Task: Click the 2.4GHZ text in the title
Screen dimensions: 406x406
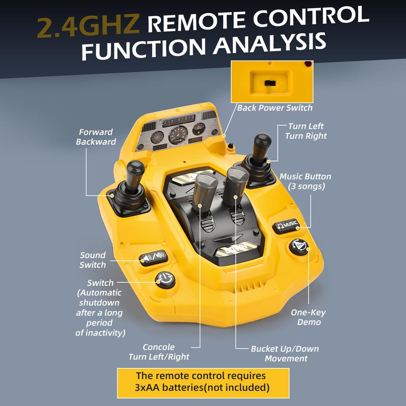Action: (88, 27)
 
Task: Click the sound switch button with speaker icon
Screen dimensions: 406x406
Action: (153, 258)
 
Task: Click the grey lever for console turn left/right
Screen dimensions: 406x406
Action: (205, 188)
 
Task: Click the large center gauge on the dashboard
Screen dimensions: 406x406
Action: (178, 135)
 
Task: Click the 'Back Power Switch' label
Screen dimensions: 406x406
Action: (275, 108)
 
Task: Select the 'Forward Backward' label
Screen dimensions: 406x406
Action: (96, 137)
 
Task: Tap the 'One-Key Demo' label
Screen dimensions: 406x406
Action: (308, 317)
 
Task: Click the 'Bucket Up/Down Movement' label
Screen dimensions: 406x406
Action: (285, 354)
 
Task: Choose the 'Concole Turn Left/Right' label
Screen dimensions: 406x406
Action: (159, 352)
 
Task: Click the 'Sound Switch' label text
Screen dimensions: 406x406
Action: (92, 260)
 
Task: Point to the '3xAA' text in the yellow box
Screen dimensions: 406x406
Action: (148, 387)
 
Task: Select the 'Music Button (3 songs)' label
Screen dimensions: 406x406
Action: (305, 181)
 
